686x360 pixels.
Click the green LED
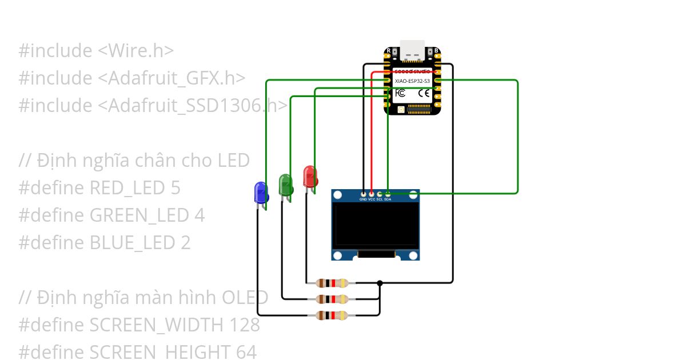pyautogui.click(x=285, y=185)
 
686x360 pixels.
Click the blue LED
pyautogui.click(x=261, y=193)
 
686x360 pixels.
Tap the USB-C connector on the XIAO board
pyautogui.click(x=412, y=51)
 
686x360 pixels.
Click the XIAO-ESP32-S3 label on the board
pyautogui.click(x=413, y=82)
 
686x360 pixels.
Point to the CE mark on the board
pyautogui.click(x=424, y=93)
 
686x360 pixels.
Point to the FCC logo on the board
pyautogui.click(x=401, y=93)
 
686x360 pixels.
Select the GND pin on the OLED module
pyautogui.click(x=364, y=195)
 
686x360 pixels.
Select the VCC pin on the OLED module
pyautogui.click(x=372, y=195)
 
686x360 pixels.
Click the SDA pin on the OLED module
pyautogui.click(x=388, y=195)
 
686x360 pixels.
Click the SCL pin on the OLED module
pyautogui.click(x=380, y=195)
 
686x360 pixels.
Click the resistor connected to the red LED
pyautogui.click(x=332, y=282)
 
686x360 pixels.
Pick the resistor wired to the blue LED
pyautogui.click(x=332, y=315)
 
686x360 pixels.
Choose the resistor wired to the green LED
pyautogui.click(x=332, y=299)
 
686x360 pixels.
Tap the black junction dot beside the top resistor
pyautogui.click(x=380, y=282)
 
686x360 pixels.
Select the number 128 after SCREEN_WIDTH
pyautogui.click(x=245, y=325)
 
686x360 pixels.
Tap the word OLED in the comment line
pyautogui.click(x=245, y=298)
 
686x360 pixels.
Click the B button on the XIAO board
pyautogui.click(x=437, y=51)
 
